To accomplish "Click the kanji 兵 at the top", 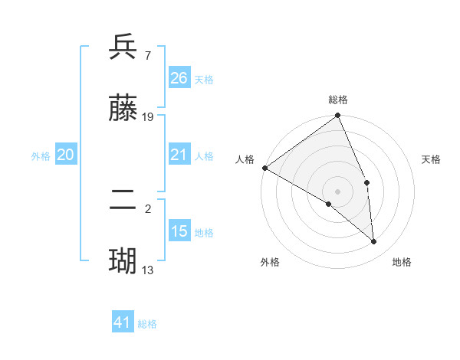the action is point(123,47).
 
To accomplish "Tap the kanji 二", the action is point(123,202).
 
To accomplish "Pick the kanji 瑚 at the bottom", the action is point(123,261).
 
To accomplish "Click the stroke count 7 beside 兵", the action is point(147,55).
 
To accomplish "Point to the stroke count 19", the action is point(148,117).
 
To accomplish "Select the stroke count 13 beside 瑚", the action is point(148,270).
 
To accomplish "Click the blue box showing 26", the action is point(179,77).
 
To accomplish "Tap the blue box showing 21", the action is point(179,155).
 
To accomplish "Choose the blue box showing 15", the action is point(179,231).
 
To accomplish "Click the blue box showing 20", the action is point(65,155).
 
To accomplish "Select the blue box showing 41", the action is point(123,322).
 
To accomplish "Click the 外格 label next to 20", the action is point(41,156).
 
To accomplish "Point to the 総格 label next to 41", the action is point(147,324).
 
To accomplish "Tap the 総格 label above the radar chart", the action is point(338,100).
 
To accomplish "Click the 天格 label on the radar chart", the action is point(431,159).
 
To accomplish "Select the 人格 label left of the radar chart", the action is point(245,159).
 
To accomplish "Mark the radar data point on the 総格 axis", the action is point(338,116).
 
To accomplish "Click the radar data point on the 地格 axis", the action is point(374,241).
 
